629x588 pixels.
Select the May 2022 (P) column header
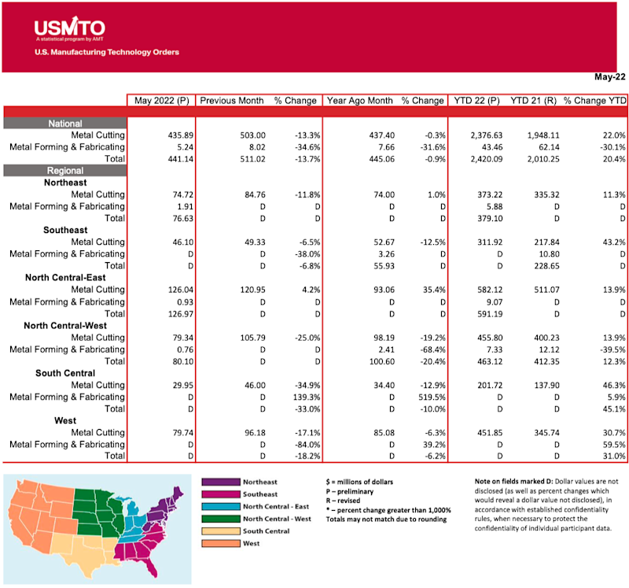tap(160, 101)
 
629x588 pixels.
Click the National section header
tap(65, 124)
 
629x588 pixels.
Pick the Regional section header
tap(65, 171)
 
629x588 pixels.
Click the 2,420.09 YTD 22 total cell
tap(476, 159)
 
